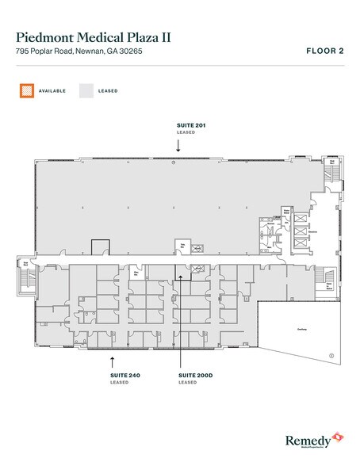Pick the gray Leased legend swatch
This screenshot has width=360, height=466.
coord(86,90)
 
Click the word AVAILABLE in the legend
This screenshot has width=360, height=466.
coord(51,91)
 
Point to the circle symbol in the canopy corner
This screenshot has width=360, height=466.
coord(331,354)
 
